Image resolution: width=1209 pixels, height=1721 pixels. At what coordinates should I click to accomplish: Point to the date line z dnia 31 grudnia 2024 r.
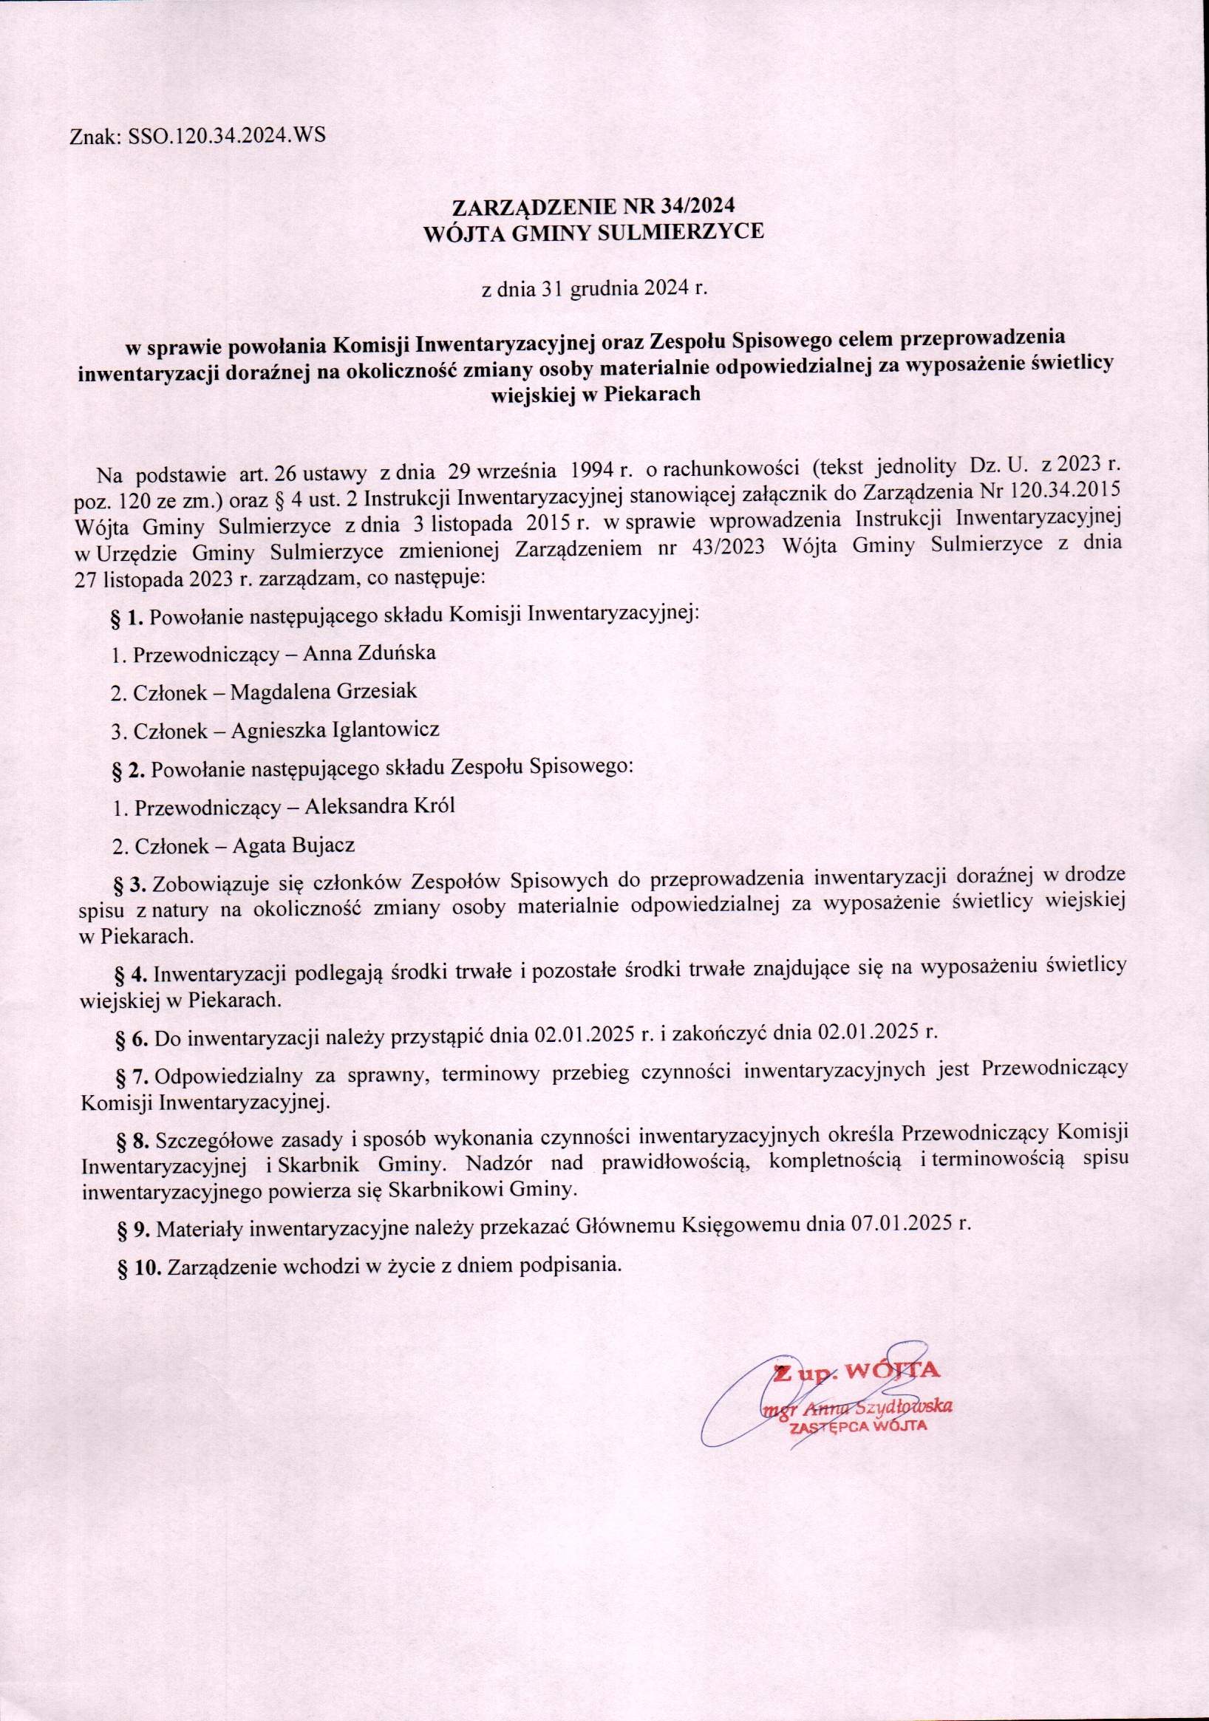(x=593, y=289)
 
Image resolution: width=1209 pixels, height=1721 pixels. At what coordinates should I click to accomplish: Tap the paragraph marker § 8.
(x=136, y=1140)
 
